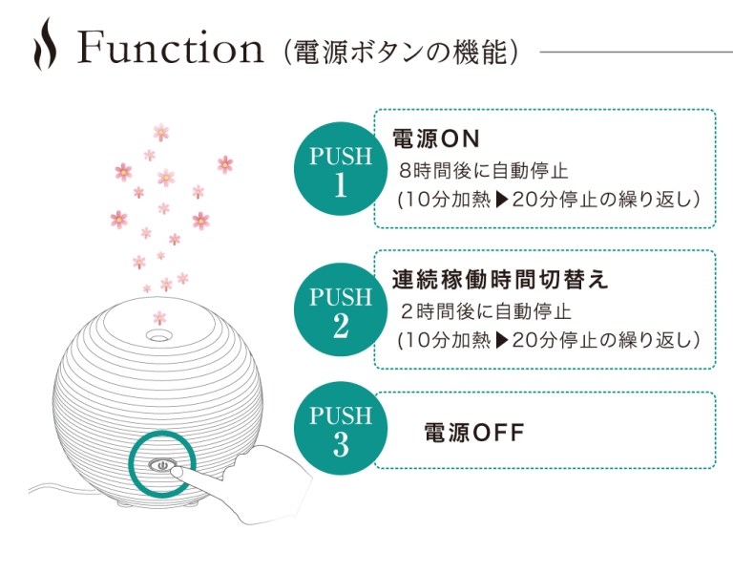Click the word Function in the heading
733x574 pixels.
[x=170, y=47]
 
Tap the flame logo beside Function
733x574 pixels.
[x=45, y=44]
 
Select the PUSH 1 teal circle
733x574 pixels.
[x=341, y=169]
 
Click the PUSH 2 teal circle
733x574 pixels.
[x=341, y=309]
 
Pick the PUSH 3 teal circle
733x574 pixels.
[x=341, y=428]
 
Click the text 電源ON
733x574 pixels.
[x=435, y=138]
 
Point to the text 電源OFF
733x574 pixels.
[x=474, y=433]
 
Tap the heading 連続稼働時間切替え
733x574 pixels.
[x=500, y=280]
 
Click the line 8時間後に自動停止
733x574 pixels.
[x=483, y=171]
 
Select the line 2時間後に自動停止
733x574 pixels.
[x=486, y=311]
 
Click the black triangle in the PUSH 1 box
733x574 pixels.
[x=502, y=200]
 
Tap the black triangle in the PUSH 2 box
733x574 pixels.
[x=502, y=341]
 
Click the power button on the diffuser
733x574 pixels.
[x=162, y=465]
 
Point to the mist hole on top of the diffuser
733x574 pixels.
[x=157, y=335]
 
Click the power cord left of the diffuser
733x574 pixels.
[x=52, y=488]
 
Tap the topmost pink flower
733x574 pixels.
[x=160, y=132]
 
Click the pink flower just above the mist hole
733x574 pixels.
[x=159, y=318]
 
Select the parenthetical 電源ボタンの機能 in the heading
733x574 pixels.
[x=401, y=52]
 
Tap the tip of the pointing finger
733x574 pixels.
[x=174, y=472]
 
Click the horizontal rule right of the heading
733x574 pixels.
[x=637, y=52]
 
